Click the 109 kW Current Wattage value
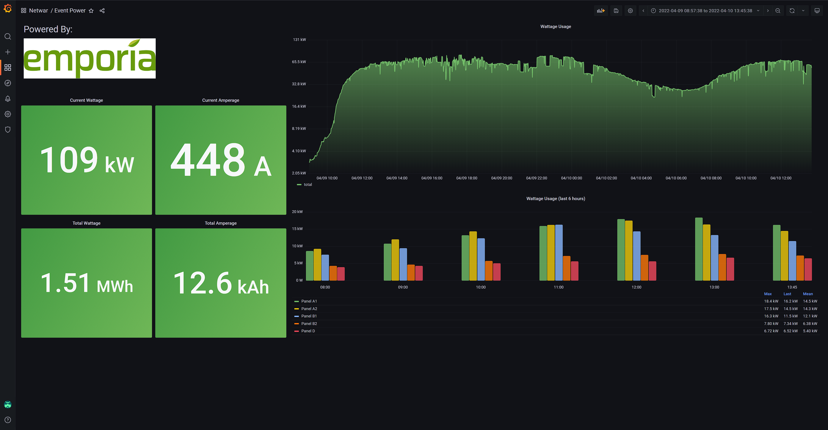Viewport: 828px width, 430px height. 86,160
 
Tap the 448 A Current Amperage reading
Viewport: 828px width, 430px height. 221,160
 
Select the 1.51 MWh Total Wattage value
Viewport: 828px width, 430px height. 86,283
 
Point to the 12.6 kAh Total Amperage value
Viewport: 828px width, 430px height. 221,283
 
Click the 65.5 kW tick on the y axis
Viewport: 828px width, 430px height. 299,62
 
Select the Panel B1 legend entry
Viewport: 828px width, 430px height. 309,316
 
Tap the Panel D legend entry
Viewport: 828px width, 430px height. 308,331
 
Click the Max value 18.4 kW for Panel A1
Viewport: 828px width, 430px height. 771,301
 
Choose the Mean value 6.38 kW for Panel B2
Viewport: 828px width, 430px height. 810,324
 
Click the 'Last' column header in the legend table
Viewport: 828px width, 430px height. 787,294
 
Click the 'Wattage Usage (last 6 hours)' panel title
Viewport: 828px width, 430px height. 555,199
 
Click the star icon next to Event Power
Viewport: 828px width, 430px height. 91,11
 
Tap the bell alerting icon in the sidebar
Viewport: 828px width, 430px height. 8,99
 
